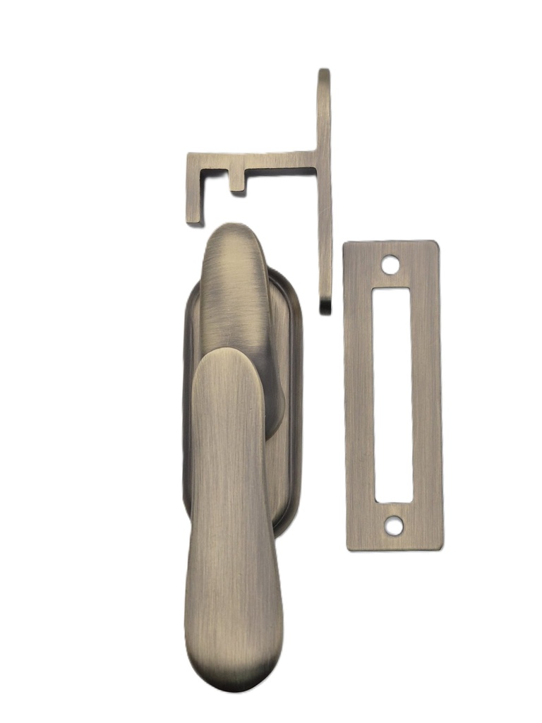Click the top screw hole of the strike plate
point(390,265)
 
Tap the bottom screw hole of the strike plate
point(394,525)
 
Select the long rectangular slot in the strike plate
point(392,395)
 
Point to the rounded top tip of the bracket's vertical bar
point(324,73)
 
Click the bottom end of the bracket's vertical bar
point(325,306)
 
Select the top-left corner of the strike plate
point(346,246)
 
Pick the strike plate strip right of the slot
point(426,395)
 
